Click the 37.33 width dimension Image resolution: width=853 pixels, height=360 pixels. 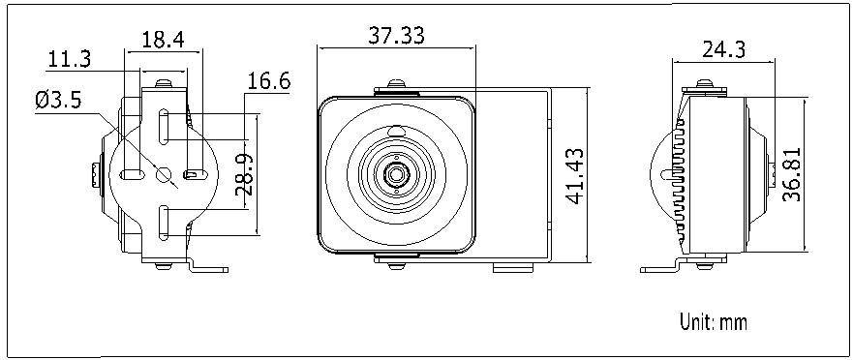coord(396,36)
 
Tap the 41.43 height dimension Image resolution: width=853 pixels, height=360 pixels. coord(575,176)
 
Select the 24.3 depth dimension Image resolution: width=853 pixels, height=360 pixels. coord(723,49)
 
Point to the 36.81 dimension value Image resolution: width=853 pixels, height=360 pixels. coord(792,174)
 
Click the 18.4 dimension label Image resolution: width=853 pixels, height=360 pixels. coord(163,39)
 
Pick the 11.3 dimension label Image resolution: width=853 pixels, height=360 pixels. coord(70,59)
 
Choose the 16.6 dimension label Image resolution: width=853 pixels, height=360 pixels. coord(269,81)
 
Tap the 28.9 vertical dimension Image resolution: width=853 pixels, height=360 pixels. coord(244,175)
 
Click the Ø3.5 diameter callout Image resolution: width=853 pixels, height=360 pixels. coord(59,100)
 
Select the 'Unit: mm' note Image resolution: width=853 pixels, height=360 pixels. coord(714,322)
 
